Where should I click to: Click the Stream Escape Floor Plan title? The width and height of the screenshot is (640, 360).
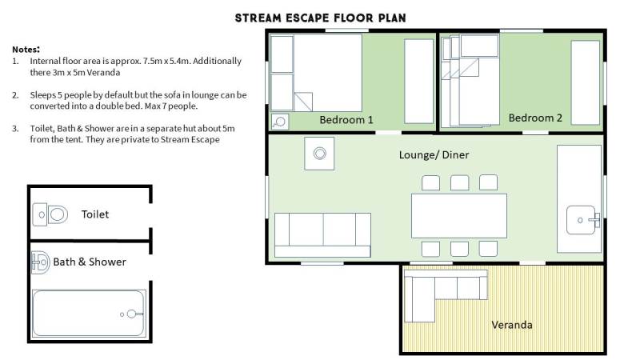pyautogui.click(x=321, y=18)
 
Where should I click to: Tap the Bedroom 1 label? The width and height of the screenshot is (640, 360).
pyautogui.click(x=346, y=120)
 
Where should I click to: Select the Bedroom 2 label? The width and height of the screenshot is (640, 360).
pyautogui.click(x=535, y=118)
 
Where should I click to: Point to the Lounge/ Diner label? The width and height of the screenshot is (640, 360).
pyautogui.click(x=434, y=154)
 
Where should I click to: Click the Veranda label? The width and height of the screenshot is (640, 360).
pyautogui.click(x=512, y=325)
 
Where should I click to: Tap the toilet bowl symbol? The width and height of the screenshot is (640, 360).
pyautogui.click(x=50, y=214)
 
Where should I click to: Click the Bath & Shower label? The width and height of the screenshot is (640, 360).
pyautogui.click(x=90, y=262)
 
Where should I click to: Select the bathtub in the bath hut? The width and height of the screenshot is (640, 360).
pyautogui.click(x=89, y=314)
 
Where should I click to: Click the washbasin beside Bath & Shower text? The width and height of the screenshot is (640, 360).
pyautogui.click(x=41, y=262)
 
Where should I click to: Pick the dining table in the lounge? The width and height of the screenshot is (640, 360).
pyautogui.click(x=459, y=216)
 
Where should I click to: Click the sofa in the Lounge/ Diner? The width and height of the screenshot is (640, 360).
pyautogui.click(x=322, y=235)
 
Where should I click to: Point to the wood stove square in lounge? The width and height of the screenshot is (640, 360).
pyautogui.click(x=319, y=154)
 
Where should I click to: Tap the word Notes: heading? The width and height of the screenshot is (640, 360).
pyautogui.click(x=26, y=50)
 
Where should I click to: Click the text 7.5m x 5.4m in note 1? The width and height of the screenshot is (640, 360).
pyautogui.click(x=166, y=62)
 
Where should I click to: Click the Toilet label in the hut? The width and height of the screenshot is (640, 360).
pyautogui.click(x=95, y=214)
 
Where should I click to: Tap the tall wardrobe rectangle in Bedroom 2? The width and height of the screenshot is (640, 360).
pyautogui.click(x=586, y=82)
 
